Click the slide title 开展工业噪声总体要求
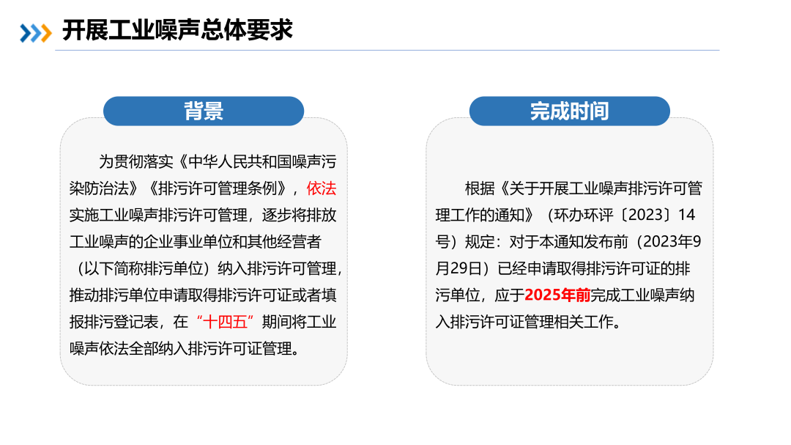click(x=177, y=30)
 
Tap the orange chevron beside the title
click(x=46, y=33)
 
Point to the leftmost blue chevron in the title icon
click(x=25, y=33)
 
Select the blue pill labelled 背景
click(x=204, y=111)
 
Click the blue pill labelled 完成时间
click(x=569, y=111)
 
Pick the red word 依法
click(x=322, y=188)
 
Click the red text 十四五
click(x=225, y=322)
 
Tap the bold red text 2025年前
click(x=557, y=295)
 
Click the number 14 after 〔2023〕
click(x=686, y=216)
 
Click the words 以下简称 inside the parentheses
click(x=114, y=268)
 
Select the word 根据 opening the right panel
click(x=480, y=188)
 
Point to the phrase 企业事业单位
click(x=187, y=242)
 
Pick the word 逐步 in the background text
click(x=276, y=216)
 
